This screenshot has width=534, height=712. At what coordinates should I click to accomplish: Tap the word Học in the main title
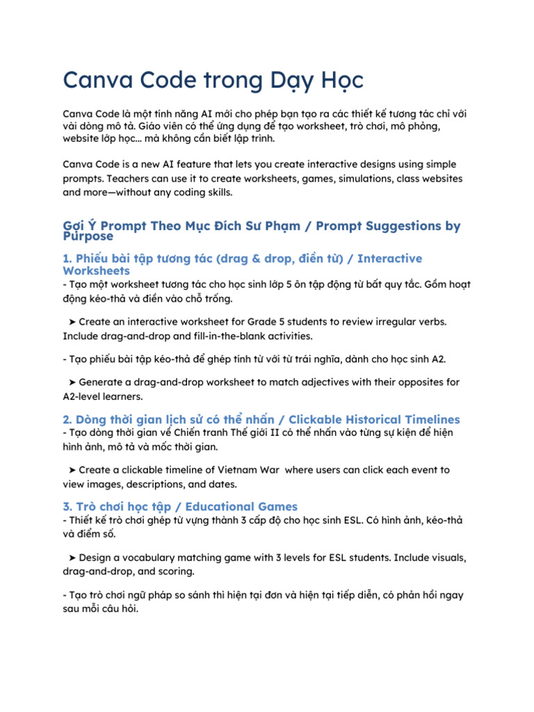tap(341, 81)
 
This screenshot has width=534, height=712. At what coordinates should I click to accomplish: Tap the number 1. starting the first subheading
tap(67, 259)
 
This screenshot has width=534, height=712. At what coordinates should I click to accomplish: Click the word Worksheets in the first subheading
tap(96, 270)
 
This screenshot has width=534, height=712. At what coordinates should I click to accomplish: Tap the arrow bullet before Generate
tap(73, 382)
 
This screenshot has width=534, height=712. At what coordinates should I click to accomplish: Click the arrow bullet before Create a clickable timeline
tap(73, 470)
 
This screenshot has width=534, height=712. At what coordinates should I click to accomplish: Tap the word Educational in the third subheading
tap(204, 507)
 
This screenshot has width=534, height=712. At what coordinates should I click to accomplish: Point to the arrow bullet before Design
tap(73, 558)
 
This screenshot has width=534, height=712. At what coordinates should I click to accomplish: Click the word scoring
tap(178, 572)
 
